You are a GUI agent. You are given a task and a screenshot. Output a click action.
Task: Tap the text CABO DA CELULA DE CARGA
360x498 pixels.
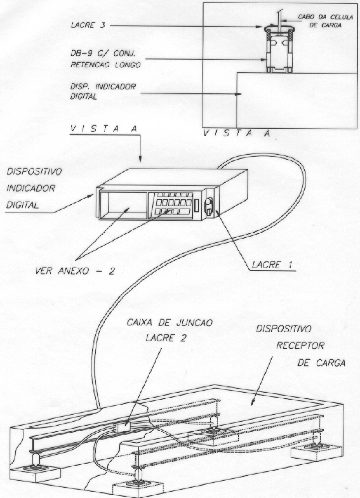pos(325,21)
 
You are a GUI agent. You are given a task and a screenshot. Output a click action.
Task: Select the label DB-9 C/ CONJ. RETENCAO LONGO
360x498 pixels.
pos(105,59)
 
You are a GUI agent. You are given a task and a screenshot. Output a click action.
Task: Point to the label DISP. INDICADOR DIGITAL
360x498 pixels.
pos(103,91)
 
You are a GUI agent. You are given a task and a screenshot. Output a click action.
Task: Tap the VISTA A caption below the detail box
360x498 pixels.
pos(237,133)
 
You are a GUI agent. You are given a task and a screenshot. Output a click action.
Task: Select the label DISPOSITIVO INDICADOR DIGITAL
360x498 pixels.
pos(34,188)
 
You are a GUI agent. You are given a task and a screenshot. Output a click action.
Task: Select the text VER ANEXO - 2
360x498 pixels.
pos(75,271)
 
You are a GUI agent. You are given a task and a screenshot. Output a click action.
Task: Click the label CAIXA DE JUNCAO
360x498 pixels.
pos(169,323)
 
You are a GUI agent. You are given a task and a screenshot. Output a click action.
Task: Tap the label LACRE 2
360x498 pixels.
pos(166,338)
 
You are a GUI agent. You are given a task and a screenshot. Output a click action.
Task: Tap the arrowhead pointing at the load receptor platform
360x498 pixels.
pos(253,402)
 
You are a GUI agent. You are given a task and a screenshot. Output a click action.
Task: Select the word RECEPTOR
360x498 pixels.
pos(300,346)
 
